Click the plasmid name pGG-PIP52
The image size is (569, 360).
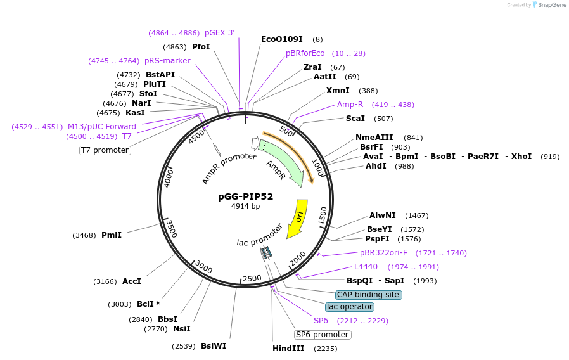(x=245, y=196)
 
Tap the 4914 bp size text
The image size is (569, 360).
(x=245, y=206)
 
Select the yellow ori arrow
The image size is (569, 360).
(x=297, y=219)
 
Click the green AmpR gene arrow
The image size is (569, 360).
(x=283, y=162)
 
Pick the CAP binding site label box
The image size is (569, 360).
(x=368, y=295)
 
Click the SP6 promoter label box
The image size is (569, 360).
(x=323, y=335)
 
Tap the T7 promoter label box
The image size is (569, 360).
(x=105, y=150)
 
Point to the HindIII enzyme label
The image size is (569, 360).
(x=288, y=349)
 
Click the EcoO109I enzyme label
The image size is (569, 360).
(x=281, y=39)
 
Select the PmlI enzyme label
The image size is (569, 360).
(x=112, y=235)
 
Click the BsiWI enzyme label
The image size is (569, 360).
(x=214, y=346)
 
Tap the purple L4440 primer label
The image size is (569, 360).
(x=366, y=267)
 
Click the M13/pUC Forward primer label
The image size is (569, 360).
(x=102, y=127)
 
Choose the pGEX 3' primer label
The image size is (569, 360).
(x=220, y=33)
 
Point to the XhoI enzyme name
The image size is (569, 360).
(x=521, y=156)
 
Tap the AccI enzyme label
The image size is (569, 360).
(x=131, y=281)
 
